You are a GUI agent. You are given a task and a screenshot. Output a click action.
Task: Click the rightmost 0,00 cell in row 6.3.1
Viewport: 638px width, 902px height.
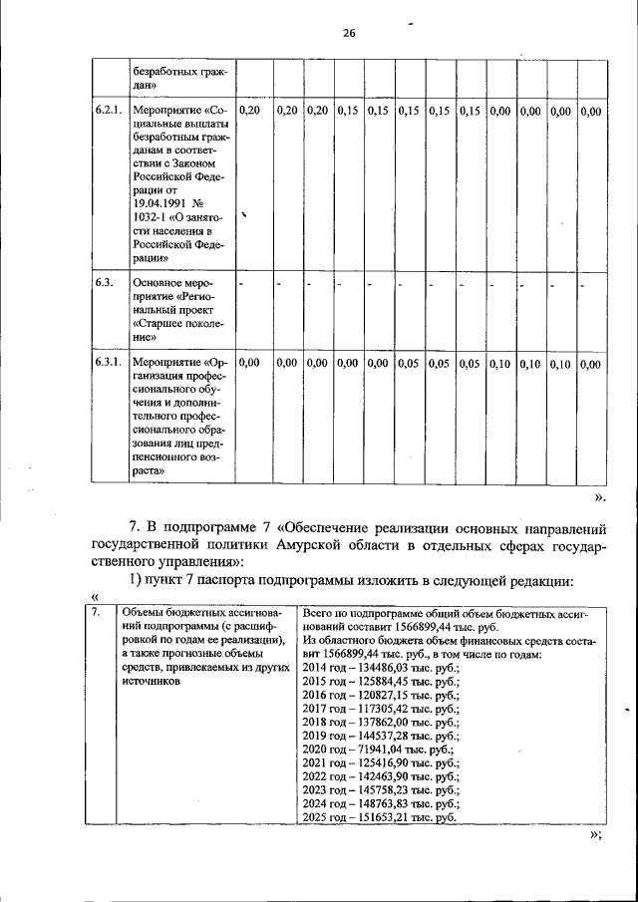(590, 364)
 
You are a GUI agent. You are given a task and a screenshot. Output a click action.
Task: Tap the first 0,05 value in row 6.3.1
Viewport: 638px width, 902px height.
(408, 364)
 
